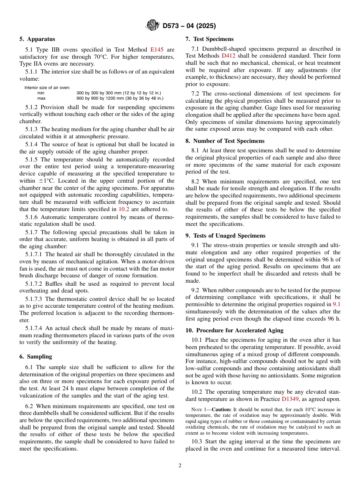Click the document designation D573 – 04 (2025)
189,26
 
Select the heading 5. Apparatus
37,39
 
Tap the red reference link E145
157,50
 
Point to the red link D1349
291,399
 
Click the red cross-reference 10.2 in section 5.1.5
124,209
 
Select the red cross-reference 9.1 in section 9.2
337,304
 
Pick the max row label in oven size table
41,98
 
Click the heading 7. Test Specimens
210,39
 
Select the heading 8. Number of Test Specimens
225,141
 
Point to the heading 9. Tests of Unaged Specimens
225,236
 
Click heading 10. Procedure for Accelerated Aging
234,330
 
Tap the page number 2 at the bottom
180,466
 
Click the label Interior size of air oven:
47,88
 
